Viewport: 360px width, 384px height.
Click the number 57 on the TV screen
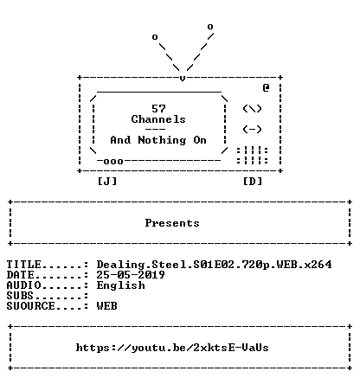pos(158,109)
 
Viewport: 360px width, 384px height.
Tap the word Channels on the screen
pos(158,119)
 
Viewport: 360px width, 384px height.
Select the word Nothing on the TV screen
pos(162,140)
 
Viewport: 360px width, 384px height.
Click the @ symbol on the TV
pos(266,87)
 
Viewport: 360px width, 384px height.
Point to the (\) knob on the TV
pos(252,109)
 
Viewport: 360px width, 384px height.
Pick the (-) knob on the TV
pos(252,130)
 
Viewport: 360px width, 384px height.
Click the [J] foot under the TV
pos(107,182)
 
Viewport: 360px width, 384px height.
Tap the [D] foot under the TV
pos(253,182)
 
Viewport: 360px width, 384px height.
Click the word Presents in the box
pos(172,223)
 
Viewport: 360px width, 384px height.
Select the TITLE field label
pos(24,265)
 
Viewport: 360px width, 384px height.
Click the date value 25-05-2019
pos(131,275)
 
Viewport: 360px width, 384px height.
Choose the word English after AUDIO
pos(121,285)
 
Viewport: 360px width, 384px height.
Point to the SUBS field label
pos(20,296)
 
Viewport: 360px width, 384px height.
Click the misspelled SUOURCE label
pos(30,306)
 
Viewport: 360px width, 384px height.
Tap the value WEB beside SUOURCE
pos(107,306)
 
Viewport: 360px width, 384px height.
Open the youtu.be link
pos(172,348)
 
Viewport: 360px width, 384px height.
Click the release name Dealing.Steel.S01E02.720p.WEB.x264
pos(214,265)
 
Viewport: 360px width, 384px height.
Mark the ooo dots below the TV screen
pos(113,161)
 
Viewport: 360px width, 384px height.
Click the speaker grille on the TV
pos(253,156)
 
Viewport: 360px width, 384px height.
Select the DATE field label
pos(20,275)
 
